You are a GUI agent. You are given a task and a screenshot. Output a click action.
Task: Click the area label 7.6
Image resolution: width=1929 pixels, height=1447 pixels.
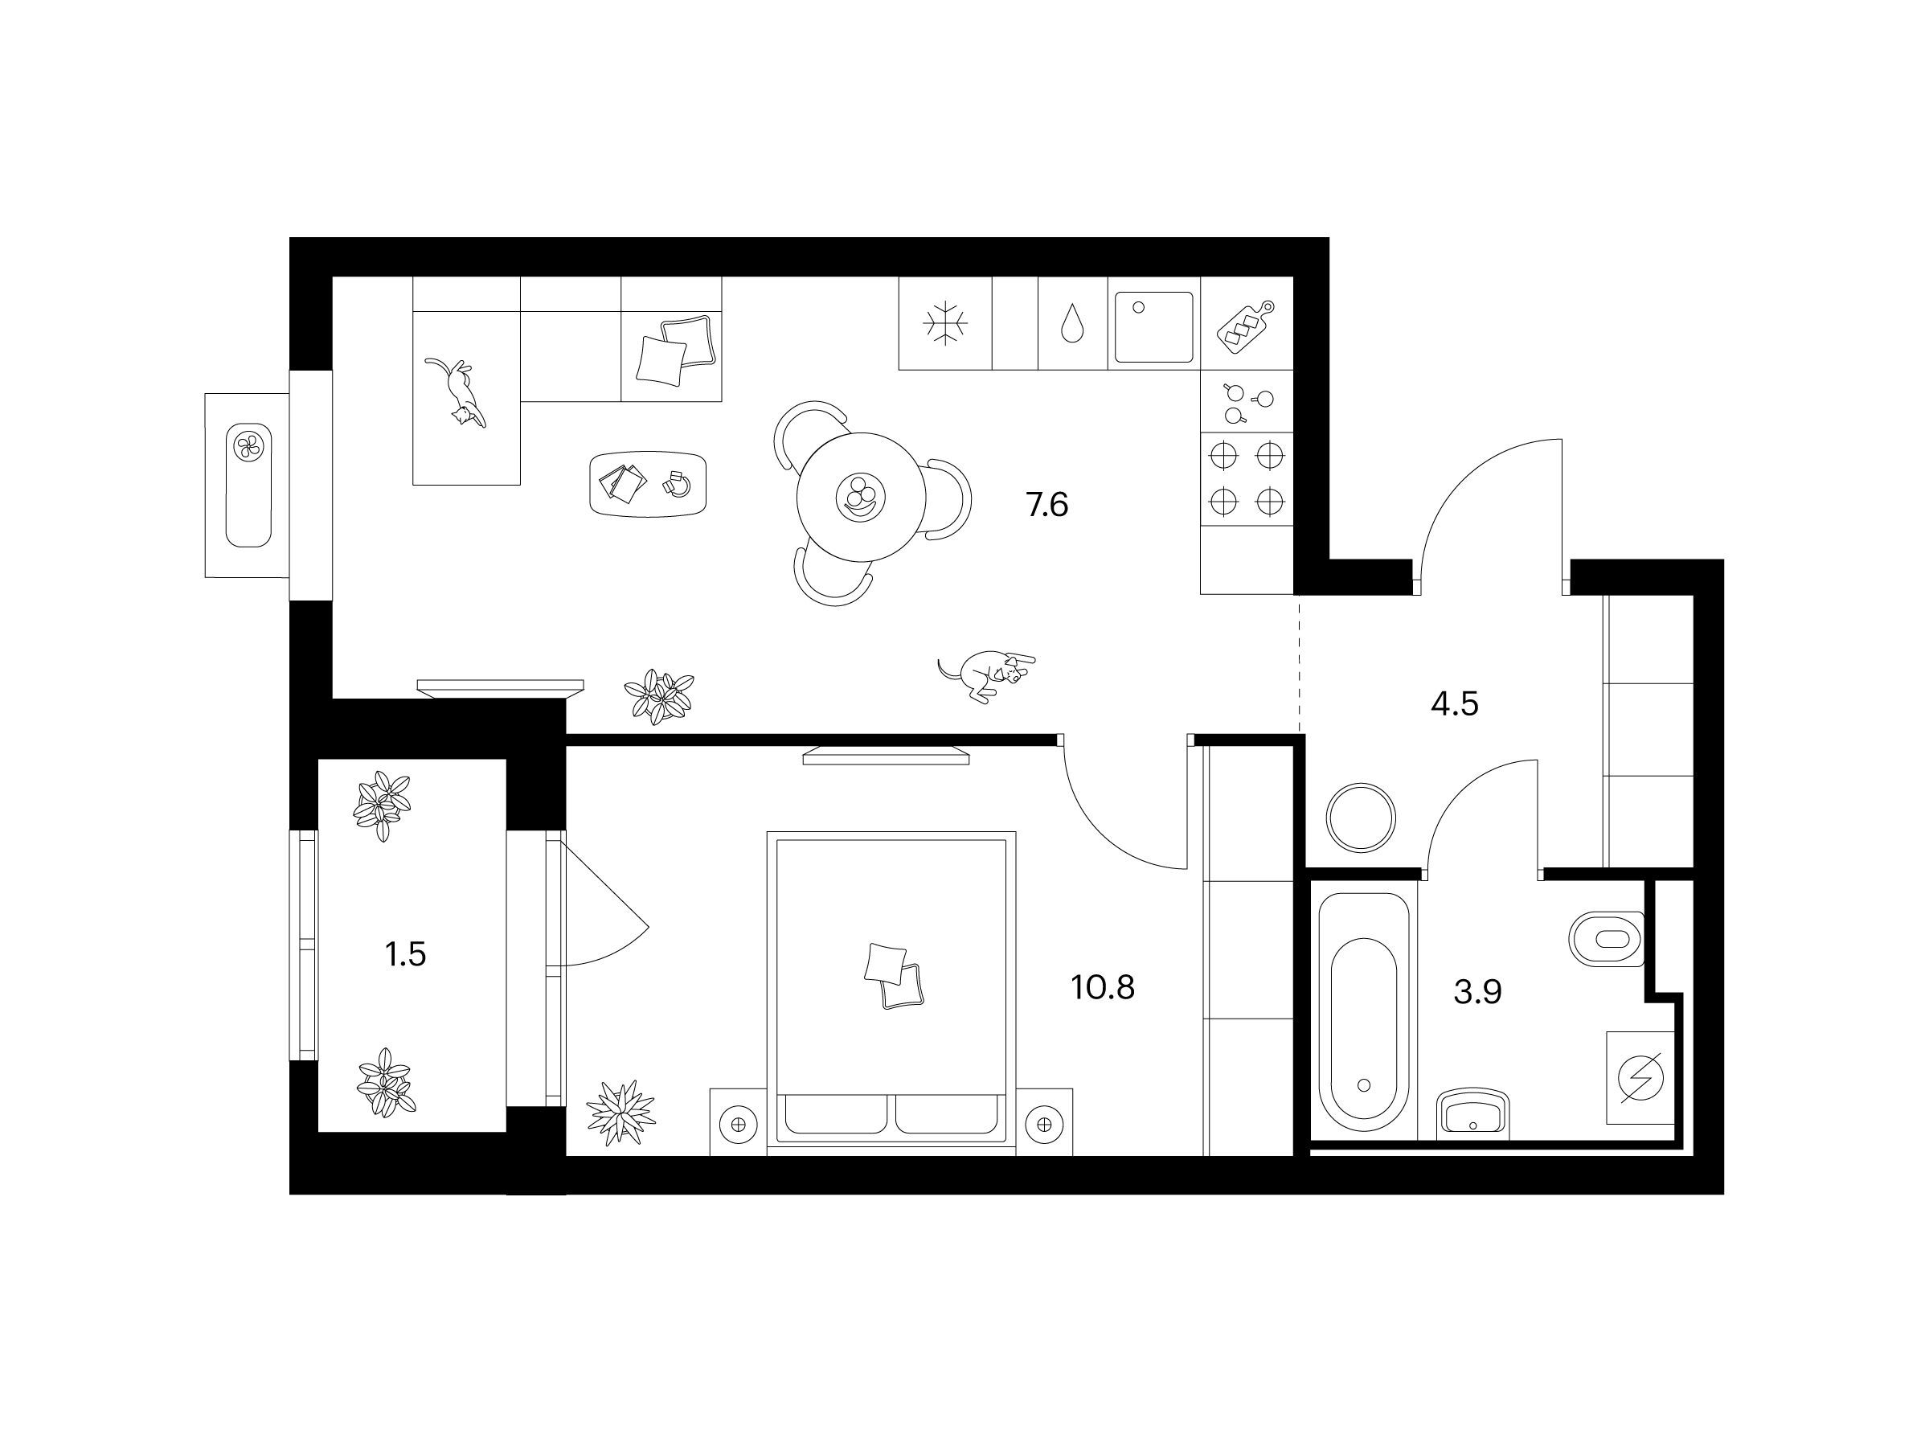[x=1046, y=505]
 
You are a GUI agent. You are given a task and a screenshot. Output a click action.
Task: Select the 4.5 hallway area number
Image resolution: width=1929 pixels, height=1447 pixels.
[x=1455, y=703]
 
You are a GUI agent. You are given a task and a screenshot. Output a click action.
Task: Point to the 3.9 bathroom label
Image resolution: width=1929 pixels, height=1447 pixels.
[x=1477, y=992]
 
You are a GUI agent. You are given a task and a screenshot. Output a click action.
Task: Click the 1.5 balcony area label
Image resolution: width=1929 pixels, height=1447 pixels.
[x=406, y=955]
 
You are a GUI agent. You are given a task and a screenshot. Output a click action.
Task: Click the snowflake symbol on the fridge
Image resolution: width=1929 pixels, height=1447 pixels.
[x=945, y=324]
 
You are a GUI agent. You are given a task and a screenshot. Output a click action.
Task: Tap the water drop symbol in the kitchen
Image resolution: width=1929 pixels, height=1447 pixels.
[x=1071, y=324]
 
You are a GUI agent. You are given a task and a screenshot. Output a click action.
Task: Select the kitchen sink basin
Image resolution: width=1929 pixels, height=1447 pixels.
[x=1153, y=327]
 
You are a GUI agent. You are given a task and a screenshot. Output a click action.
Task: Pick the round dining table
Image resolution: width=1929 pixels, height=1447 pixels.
[x=862, y=497]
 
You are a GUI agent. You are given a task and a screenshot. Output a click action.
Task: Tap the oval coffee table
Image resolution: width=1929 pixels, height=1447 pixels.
[x=647, y=484]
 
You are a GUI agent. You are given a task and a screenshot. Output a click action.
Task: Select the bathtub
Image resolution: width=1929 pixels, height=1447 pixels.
[x=1363, y=1012]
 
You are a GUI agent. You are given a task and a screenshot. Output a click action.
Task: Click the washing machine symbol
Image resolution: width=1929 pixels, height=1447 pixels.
[x=1640, y=1078]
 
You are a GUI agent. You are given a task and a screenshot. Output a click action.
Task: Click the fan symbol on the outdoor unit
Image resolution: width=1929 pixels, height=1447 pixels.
[x=249, y=448]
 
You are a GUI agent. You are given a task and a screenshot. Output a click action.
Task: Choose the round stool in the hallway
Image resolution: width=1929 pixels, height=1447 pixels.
[x=1361, y=818]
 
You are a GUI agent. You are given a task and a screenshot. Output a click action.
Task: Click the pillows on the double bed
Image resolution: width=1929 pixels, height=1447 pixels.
[x=894, y=976]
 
